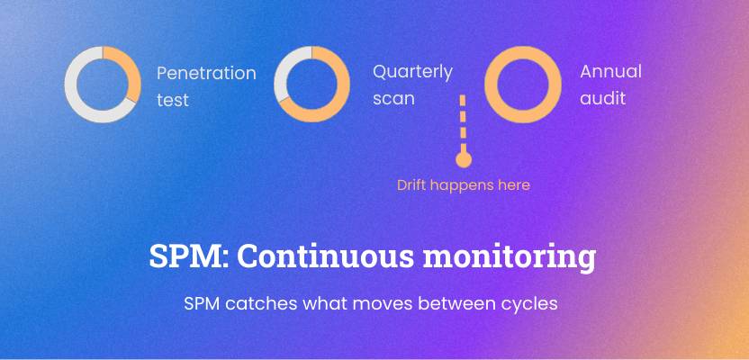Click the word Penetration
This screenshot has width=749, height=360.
(206, 74)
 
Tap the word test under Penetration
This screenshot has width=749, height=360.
(173, 100)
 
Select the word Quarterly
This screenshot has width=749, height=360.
(412, 72)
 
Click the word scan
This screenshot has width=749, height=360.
(393, 99)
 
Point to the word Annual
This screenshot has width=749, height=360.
(610, 72)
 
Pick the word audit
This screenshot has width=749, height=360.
(602, 98)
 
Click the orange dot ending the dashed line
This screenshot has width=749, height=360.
(464, 159)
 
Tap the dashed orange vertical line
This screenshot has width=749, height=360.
(463, 123)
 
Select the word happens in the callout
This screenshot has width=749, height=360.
(459, 185)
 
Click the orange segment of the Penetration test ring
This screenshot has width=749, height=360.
(131, 71)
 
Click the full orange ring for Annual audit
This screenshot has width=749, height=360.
(492, 85)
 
